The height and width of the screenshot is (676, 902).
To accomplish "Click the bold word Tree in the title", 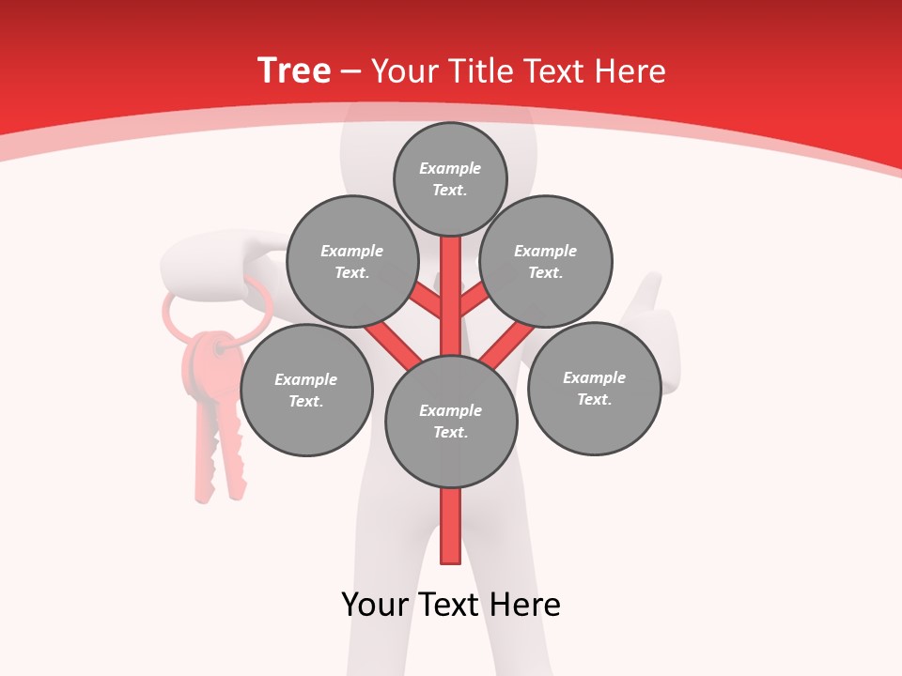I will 294,70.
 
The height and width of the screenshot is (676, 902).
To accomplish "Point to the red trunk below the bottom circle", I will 451,526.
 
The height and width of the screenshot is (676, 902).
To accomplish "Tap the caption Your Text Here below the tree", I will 451,605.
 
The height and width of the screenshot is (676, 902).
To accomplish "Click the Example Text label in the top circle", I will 450,178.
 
